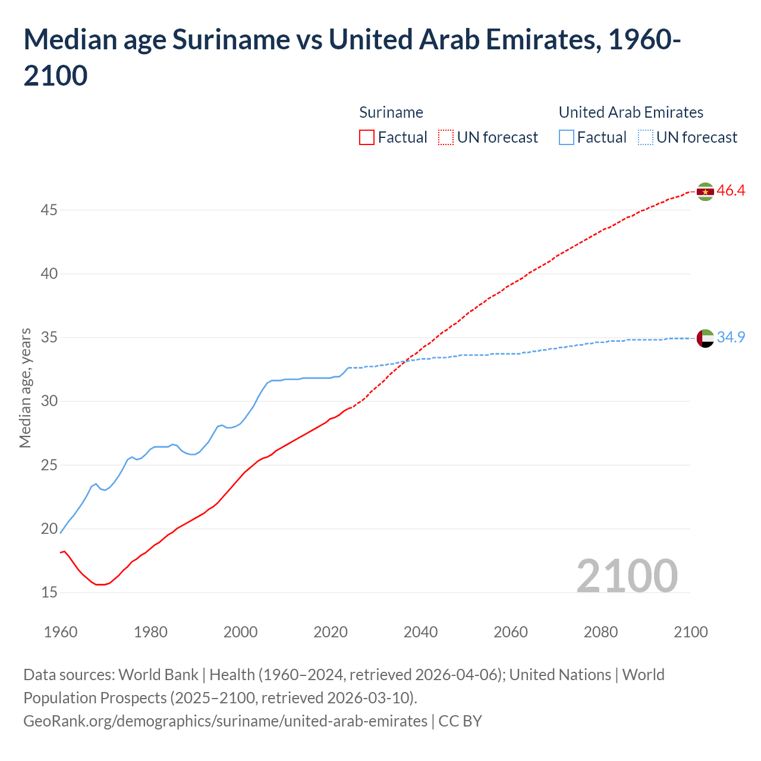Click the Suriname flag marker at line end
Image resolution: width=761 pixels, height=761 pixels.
click(x=705, y=191)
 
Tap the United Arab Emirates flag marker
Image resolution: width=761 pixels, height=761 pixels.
click(x=705, y=338)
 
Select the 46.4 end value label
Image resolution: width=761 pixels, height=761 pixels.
click(x=731, y=191)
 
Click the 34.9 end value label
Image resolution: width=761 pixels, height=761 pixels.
click(x=731, y=337)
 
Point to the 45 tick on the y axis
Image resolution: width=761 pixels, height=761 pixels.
click(x=49, y=210)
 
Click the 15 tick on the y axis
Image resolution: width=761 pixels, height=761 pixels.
click(x=49, y=592)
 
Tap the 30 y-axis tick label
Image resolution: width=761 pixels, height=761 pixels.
click(x=49, y=401)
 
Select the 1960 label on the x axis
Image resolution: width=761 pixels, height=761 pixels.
click(x=61, y=632)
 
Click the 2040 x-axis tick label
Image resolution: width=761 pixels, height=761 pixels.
click(x=420, y=632)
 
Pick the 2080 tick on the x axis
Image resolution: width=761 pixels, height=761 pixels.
click(x=600, y=632)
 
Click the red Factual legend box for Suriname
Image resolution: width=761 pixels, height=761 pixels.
click(x=367, y=137)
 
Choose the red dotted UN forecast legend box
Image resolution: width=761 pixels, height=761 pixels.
click(x=446, y=137)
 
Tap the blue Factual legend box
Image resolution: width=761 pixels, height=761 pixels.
click(x=567, y=137)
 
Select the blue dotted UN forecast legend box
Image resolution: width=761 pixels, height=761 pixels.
click(x=646, y=137)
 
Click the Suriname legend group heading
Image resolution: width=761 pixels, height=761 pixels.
click(x=391, y=112)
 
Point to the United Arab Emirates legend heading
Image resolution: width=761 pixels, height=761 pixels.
click(x=631, y=112)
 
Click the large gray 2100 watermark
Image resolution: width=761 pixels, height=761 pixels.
click(x=627, y=576)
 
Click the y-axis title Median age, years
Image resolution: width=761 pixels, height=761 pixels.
click(x=25, y=388)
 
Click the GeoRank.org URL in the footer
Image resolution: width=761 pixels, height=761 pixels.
click(x=225, y=721)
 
